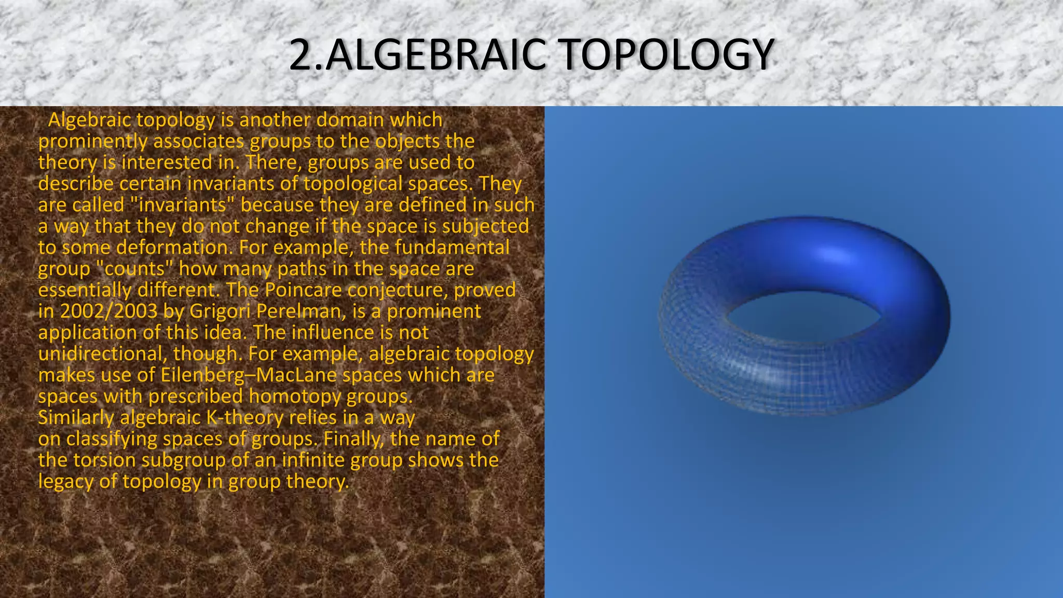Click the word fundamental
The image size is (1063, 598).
(x=452, y=248)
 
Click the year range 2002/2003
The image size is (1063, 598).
(x=108, y=311)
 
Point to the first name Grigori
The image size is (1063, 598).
(x=220, y=311)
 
